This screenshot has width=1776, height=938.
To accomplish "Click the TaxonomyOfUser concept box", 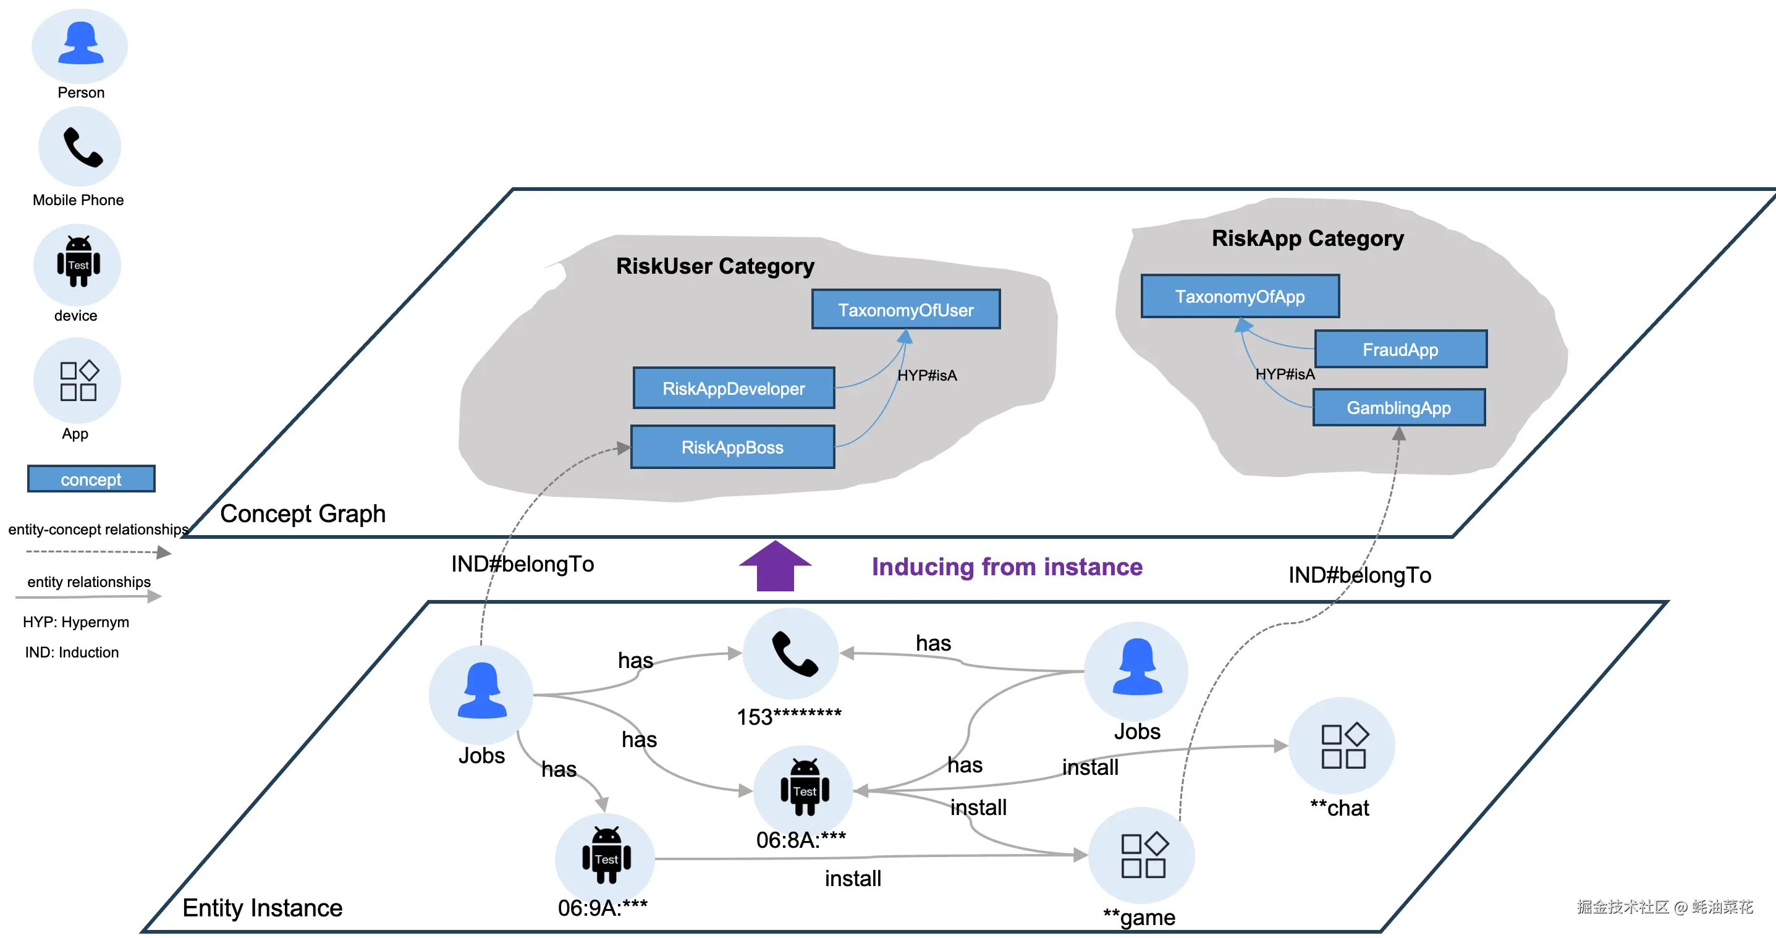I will pyautogui.click(x=905, y=310).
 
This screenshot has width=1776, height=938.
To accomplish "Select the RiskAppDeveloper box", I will pyautogui.click(x=734, y=388).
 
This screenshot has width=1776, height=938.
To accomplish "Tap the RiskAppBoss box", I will pyautogui.click(x=732, y=447).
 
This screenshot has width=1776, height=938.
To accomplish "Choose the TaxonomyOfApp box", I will pyautogui.click(x=1240, y=297).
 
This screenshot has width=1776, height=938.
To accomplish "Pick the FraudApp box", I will pyautogui.click(x=1400, y=349).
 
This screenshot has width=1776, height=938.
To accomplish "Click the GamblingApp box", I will pyautogui.click(x=1399, y=408).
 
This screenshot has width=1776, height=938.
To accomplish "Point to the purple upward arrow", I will pyautogui.click(x=775, y=567).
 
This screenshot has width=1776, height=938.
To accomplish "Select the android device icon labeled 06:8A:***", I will pyautogui.click(x=805, y=790).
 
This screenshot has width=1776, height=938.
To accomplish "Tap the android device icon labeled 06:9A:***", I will pyautogui.click(x=606, y=856).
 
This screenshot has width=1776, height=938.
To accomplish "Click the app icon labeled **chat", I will pyautogui.click(x=1342, y=746).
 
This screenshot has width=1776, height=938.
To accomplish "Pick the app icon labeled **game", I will pyautogui.click(x=1143, y=856).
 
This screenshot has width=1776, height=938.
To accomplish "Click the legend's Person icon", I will pyautogui.click(x=80, y=46).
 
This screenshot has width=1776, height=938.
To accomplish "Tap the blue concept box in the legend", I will pyautogui.click(x=91, y=479).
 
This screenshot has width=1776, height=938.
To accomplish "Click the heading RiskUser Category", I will pyautogui.click(x=715, y=266).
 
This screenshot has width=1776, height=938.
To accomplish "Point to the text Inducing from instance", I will pyautogui.click(x=1007, y=567).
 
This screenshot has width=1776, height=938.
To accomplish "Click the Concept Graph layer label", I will pyautogui.click(x=303, y=513).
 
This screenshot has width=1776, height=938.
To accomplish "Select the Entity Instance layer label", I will pyautogui.click(x=262, y=908).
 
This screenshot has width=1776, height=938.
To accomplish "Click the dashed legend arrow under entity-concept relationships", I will pyautogui.click(x=96, y=552).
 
